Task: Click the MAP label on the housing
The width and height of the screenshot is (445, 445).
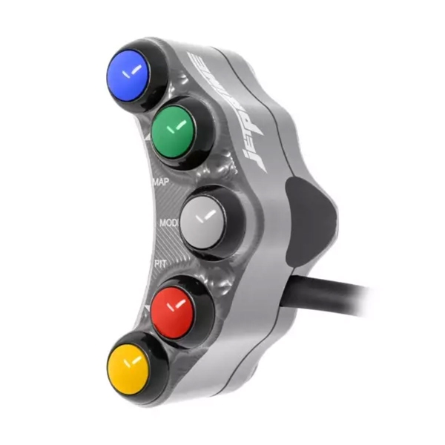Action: coord(161,181)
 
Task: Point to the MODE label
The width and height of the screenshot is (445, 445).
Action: coord(168,222)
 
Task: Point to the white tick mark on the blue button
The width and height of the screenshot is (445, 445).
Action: coord(132,73)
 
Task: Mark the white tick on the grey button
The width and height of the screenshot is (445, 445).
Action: coord(208,217)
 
